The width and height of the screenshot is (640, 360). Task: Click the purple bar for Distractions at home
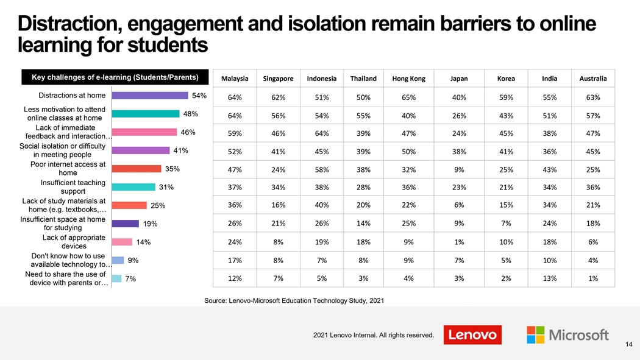coord(150,95)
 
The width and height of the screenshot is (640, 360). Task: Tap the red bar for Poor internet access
coord(137,169)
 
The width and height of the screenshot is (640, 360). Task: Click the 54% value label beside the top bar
coord(199,95)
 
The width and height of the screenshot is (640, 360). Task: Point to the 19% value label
coord(151,224)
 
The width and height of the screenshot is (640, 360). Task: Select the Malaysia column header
coord(235,79)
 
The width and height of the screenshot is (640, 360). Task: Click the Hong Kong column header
coord(408,79)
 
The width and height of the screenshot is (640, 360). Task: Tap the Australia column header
coord(593,79)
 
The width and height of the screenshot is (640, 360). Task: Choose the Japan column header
coord(459,79)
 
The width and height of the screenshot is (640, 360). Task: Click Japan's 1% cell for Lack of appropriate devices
coord(459,242)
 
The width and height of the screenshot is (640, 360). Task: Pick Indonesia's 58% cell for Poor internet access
coord(322,169)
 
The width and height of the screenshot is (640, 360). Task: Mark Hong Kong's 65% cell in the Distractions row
coord(408,97)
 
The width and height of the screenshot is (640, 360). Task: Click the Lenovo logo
coord(472,334)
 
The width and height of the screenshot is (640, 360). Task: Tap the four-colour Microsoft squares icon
coord(535,334)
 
